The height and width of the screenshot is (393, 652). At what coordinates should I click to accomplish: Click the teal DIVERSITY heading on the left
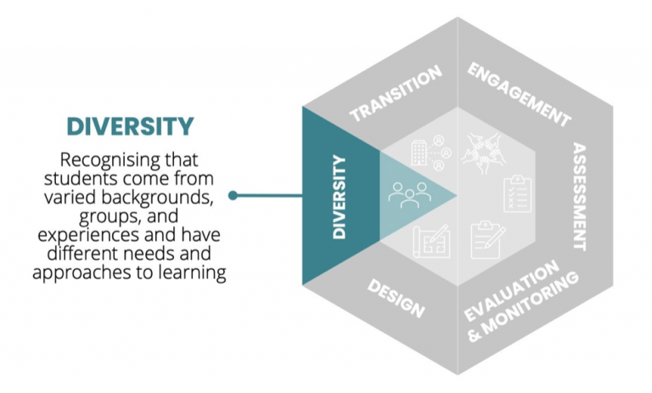pos(130,126)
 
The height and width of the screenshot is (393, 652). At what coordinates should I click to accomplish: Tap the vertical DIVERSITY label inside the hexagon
pos(340,196)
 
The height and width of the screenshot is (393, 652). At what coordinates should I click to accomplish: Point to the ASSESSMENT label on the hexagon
pos(580,196)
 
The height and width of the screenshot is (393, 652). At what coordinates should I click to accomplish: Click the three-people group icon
pos(407,196)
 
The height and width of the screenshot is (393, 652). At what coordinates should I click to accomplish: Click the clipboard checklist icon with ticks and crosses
pos(516,194)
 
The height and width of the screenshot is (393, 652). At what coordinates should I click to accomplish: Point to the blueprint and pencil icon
pos(430,240)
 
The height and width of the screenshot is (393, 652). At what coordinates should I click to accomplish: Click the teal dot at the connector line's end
pos(233,196)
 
